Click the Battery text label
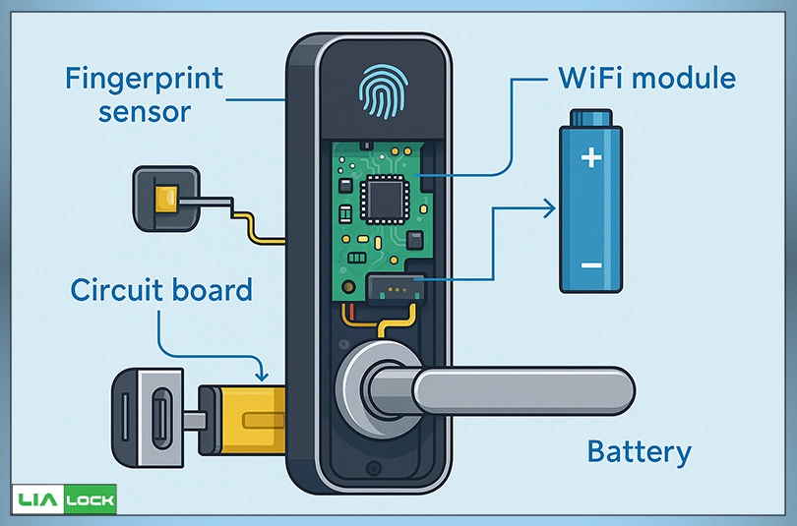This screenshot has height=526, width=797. [639, 452]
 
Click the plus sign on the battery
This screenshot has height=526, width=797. [590, 156]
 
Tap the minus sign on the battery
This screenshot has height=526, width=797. [590, 265]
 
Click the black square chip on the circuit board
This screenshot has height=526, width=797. [380, 201]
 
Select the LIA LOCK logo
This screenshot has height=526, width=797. [64, 500]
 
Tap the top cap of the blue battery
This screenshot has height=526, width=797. [591, 110]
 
